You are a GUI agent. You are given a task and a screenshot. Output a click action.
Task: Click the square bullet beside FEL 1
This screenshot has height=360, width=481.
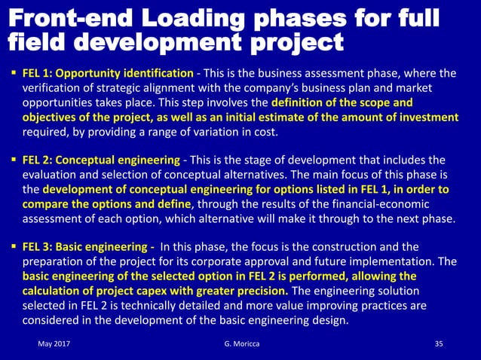click(13, 74)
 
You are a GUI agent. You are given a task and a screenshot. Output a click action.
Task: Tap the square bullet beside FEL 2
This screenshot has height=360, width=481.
click(13, 160)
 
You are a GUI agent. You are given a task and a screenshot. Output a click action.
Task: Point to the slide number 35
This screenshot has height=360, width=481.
click(440, 344)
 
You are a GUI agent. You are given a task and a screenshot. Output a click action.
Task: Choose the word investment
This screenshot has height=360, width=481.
click(427, 117)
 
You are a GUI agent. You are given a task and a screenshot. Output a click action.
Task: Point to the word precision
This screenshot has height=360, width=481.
click(256, 291)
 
